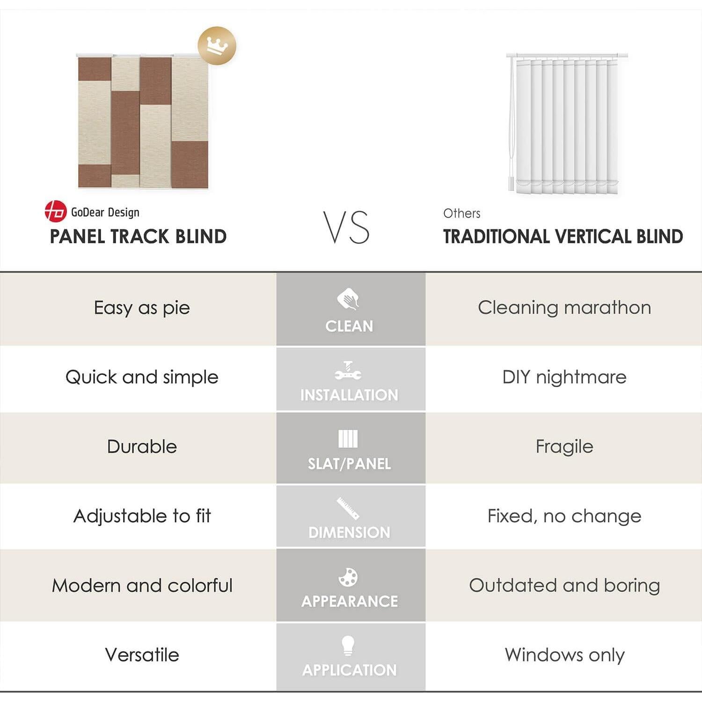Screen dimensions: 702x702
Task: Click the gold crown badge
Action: pos(217,46)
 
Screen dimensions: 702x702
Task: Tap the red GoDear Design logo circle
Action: pos(55,211)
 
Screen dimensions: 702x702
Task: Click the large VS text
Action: pos(346,227)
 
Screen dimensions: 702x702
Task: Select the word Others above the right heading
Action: pos(461,213)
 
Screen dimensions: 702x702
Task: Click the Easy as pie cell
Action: pos(142,308)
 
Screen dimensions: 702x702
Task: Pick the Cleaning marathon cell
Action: pos(564,308)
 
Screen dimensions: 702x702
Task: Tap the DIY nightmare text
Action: pos(564,377)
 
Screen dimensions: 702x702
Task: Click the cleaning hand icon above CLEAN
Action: pos(348,299)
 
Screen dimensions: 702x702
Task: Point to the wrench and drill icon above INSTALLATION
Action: pos(348,370)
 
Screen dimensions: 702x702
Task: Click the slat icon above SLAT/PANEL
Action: pos(348,439)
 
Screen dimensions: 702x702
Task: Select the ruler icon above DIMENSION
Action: pos(348,508)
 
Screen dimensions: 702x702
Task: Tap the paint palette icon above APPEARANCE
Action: pos(348,577)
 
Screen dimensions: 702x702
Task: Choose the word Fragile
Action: pos(564,446)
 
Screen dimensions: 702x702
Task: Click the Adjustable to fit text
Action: pos(142,516)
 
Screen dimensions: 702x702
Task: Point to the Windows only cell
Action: pos(564,655)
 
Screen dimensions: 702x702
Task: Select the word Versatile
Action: pos(142,655)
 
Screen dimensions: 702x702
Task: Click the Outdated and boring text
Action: pos(564,585)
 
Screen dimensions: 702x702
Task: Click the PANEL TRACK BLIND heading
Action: pos(138,237)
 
